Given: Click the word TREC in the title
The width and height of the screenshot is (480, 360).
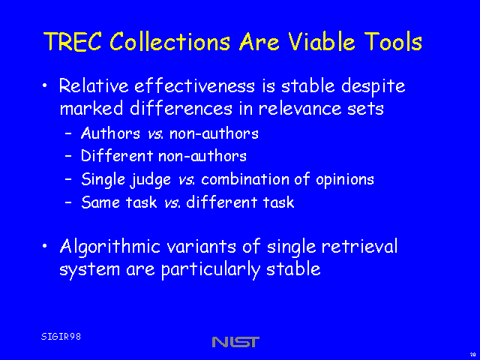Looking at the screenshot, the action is tap(73, 41).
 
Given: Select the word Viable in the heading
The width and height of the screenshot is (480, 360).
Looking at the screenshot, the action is tap(322, 41).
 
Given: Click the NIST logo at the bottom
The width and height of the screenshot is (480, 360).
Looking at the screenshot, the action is tap(235, 342).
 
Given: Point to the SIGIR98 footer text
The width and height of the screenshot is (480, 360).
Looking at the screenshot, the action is tap(61, 337).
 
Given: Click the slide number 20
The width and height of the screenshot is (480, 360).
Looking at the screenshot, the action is tap(472, 355).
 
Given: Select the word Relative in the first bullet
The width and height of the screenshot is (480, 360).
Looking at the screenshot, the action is tap(94, 85).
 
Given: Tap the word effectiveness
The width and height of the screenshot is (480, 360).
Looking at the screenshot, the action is tap(195, 85).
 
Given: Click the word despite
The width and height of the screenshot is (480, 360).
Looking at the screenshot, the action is tap(373, 86).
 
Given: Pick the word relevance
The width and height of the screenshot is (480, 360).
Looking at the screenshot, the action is tap(300, 108).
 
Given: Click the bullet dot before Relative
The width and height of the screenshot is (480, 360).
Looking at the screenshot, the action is tap(45, 85).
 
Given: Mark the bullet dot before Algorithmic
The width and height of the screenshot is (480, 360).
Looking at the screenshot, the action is tap(45, 246).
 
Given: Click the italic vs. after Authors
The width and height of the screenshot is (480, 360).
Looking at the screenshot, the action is tap(156, 134).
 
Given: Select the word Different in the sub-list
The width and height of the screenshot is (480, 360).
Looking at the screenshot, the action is tap(117, 155).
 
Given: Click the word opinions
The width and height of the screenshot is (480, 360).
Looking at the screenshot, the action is tap(345, 180).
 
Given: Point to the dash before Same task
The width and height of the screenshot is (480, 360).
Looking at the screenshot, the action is tap(68, 202).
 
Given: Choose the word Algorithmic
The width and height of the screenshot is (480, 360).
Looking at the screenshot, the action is tap(110, 247).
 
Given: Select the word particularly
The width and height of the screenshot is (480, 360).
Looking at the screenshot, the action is tap(211, 270).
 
